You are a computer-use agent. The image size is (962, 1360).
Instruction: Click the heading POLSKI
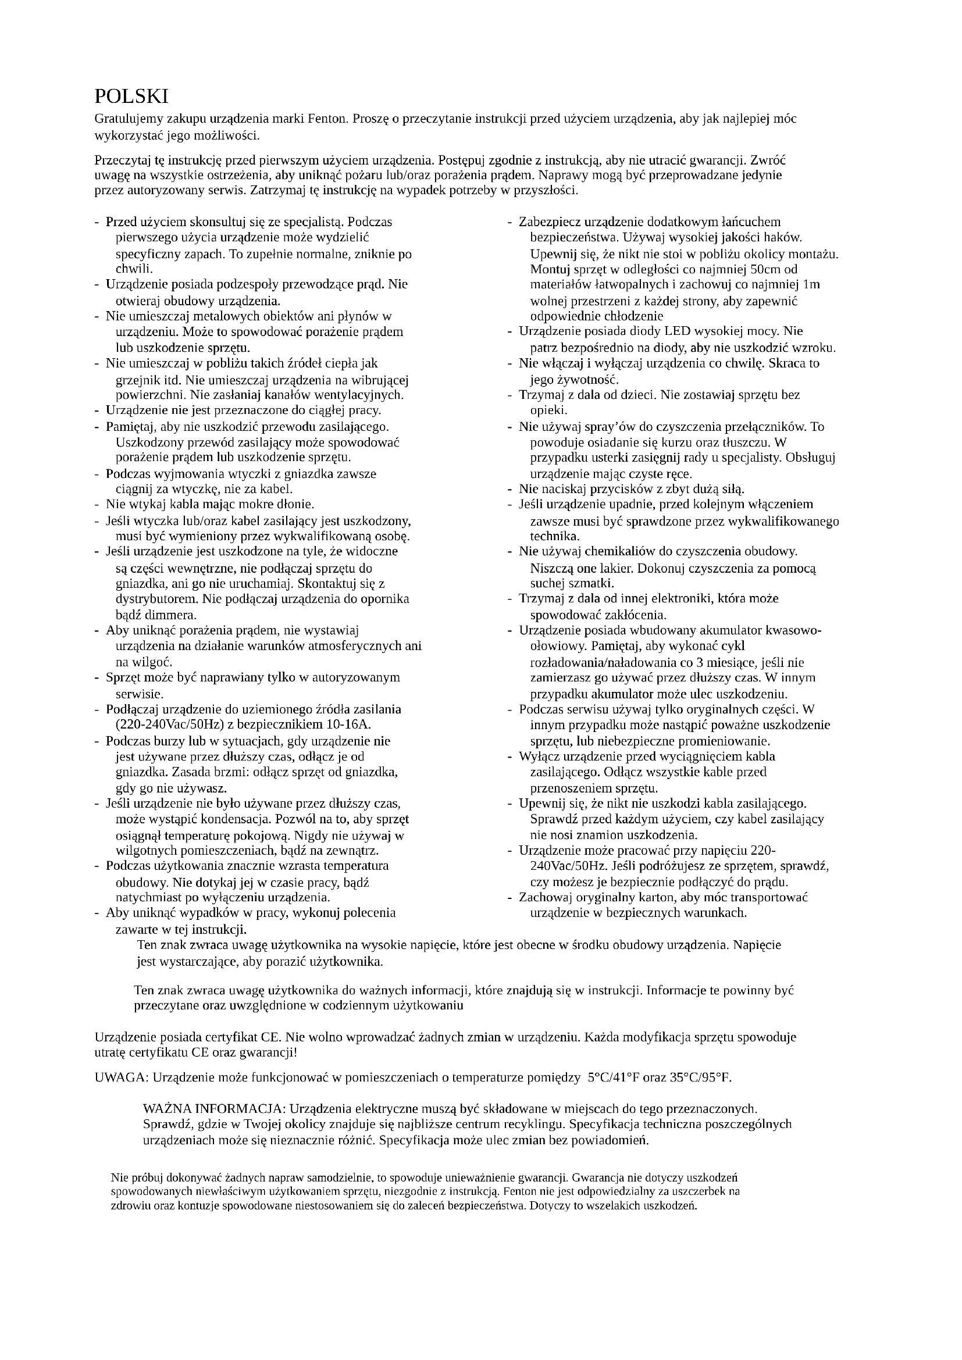(131, 97)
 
